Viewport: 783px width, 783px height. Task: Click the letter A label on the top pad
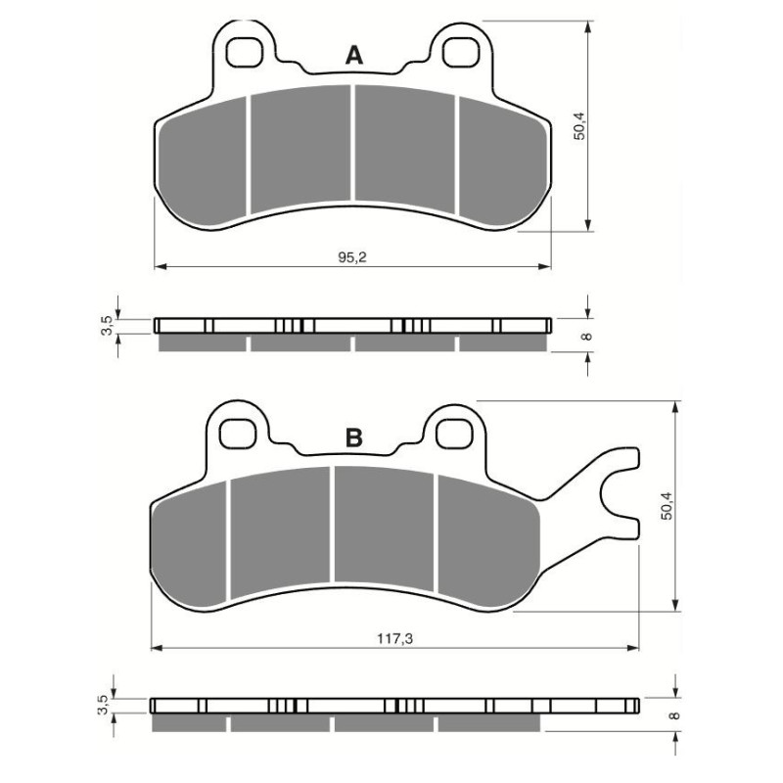tap(354, 57)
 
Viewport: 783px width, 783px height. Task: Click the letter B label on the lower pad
tap(354, 438)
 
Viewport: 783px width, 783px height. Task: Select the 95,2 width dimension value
tap(352, 256)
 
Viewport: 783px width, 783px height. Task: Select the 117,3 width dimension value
tap(394, 638)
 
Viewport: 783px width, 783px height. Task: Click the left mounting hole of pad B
tap(236, 430)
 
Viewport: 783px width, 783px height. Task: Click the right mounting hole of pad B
tap(452, 430)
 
